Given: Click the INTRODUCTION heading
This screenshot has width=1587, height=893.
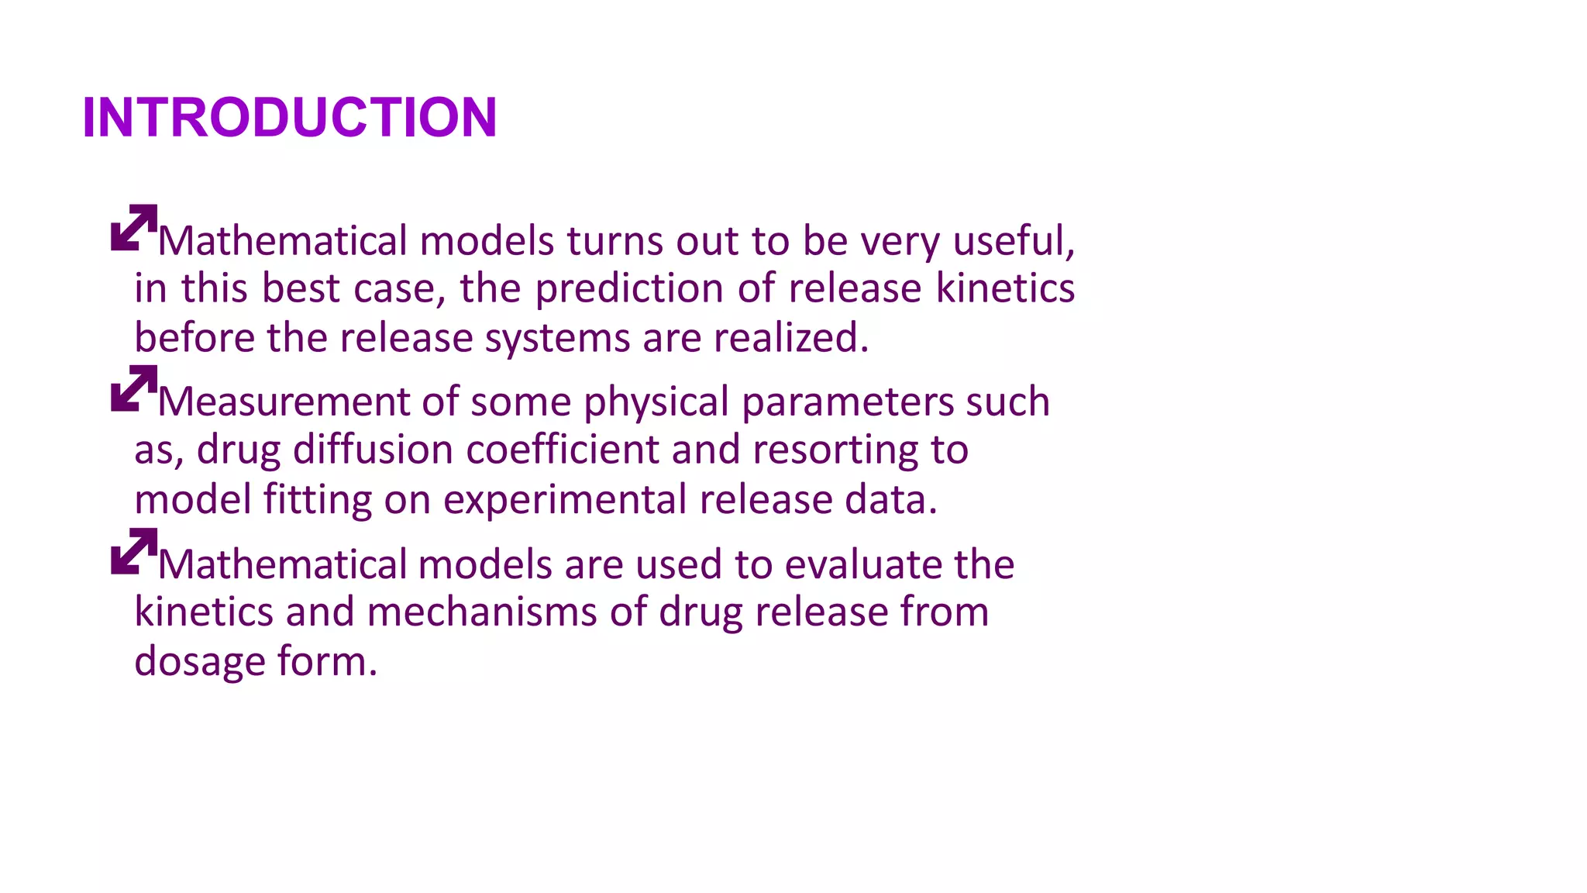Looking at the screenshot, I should click(289, 118).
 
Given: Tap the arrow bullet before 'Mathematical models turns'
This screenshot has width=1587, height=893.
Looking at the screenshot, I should click(134, 228).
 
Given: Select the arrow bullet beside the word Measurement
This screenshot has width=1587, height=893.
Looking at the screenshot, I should click(134, 388).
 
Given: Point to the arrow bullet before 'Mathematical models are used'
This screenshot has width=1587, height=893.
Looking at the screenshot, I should click(134, 551).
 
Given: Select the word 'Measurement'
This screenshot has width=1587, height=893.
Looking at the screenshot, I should click(284, 402).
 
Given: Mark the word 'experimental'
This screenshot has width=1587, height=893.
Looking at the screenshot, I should click(565, 501).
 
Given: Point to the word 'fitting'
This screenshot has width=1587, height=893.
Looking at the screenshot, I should click(318, 501).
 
